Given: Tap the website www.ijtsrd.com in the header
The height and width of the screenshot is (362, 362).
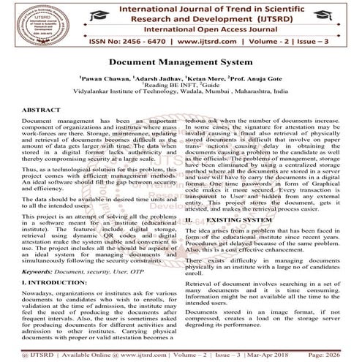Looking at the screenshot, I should coord(186,42).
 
